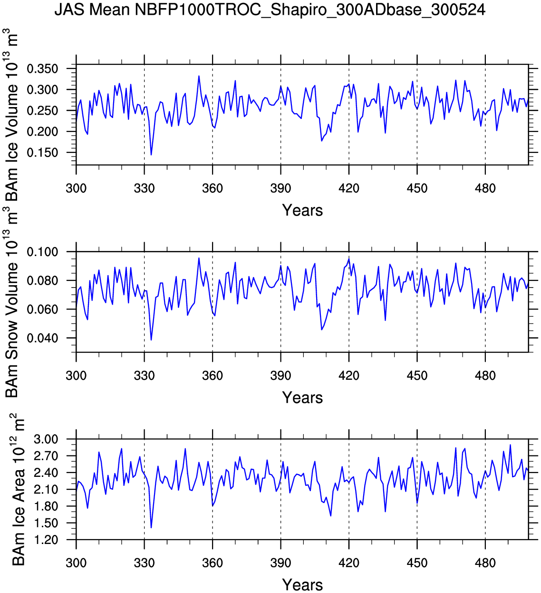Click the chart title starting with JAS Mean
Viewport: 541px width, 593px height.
270,10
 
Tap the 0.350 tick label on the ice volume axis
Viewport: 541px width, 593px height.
42,69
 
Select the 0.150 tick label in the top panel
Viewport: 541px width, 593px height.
42,153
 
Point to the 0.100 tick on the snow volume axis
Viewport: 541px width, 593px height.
42,252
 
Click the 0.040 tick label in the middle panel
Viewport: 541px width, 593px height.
42,338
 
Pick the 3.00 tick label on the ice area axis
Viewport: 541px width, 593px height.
46,439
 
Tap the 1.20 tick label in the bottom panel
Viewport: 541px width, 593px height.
46,540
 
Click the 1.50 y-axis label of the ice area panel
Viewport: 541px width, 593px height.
46,523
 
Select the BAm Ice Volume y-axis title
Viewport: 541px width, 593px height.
11,114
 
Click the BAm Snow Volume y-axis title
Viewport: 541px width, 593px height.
11,302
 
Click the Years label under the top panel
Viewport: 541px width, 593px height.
302,210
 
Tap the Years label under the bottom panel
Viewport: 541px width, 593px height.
302,585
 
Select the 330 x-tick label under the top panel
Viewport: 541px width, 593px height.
144,188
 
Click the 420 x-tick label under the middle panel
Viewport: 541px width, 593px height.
349,376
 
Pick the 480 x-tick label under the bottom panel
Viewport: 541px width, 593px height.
485,563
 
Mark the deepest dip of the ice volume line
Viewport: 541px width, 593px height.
151,155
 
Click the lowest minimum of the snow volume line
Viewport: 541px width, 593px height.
151,340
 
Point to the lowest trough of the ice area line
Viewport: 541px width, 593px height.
151,527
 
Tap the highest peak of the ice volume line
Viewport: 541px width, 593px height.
199,76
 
